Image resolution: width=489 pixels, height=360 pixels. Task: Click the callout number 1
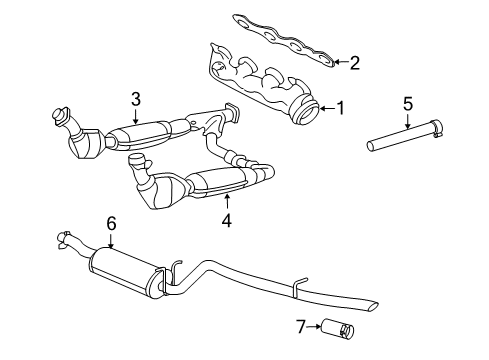[340, 108]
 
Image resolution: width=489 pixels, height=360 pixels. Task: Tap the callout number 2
[355, 63]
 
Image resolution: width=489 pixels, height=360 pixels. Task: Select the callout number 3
[136, 99]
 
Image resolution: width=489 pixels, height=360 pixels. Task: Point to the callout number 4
[227, 220]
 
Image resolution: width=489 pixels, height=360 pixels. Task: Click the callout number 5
[408, 104]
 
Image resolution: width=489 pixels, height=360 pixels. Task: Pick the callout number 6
[111, 223]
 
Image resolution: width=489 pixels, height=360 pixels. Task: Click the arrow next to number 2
[340, 62]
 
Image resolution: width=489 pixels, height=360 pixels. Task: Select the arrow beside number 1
[327, 108]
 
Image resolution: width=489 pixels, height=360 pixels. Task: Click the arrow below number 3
[135, 116]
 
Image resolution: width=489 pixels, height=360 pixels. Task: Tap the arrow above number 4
[227, 203]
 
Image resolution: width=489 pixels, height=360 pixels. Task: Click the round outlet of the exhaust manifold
[305, 110]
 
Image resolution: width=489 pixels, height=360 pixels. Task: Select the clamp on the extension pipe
[437, 128]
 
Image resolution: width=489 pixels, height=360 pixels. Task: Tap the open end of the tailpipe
[373, 307]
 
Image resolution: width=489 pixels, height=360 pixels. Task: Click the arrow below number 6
[111, 240]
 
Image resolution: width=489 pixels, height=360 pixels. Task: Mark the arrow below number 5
[408, 121]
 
